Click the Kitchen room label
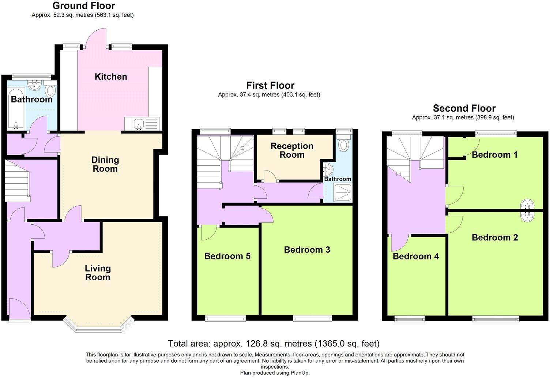(111, 77)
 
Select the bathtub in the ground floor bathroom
(16, 108)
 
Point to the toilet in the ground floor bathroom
(50, 90)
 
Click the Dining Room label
(105, 164)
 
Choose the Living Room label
(98, 273)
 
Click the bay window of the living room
(97, 324)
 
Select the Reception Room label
(292, 150)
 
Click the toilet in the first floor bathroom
(344, 144)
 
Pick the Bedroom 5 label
(227, 256)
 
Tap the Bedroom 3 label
(307, 250)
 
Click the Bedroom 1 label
(494, 155)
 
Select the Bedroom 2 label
(494, 237)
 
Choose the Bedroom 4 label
(415, 256)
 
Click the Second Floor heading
(464, 108)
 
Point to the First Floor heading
(270, 86)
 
